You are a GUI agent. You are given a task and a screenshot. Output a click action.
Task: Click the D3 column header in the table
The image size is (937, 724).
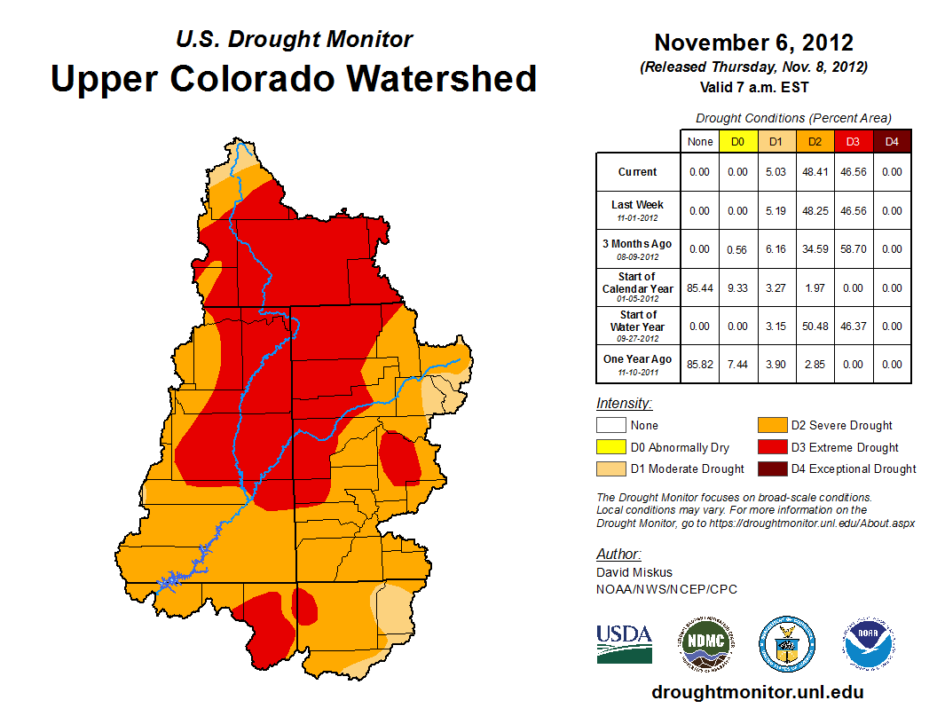pos(853,141)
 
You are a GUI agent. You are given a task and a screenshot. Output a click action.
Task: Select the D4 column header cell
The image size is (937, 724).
pos(892,141)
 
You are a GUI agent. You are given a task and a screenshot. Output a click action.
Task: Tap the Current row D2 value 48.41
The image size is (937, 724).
pos(815,172)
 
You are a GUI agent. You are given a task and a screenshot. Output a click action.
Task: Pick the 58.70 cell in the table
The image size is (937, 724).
pos(853,249)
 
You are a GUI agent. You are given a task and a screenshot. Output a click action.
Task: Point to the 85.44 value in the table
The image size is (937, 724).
pos(700,288)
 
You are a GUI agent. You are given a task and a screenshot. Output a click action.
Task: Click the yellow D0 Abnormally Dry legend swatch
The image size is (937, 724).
pos(611,447)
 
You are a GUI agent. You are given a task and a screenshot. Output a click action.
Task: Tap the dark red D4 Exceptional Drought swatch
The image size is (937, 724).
pos(772,468)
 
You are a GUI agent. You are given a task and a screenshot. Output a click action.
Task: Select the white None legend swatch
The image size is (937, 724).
pos(611,426)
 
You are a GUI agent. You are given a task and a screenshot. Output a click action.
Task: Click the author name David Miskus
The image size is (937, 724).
pos(634,572)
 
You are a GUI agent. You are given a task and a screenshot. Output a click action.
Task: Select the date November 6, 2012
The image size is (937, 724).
pos(753,43)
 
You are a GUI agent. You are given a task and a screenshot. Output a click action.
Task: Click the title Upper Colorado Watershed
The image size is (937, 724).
pos(294,79)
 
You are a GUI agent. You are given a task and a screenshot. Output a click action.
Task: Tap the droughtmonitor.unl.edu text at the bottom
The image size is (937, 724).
pos(757,692)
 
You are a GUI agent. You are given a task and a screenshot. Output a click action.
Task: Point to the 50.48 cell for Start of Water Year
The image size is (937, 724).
pos(815,327)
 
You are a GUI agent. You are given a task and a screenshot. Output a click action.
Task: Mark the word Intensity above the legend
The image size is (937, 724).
pos(624,404)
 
